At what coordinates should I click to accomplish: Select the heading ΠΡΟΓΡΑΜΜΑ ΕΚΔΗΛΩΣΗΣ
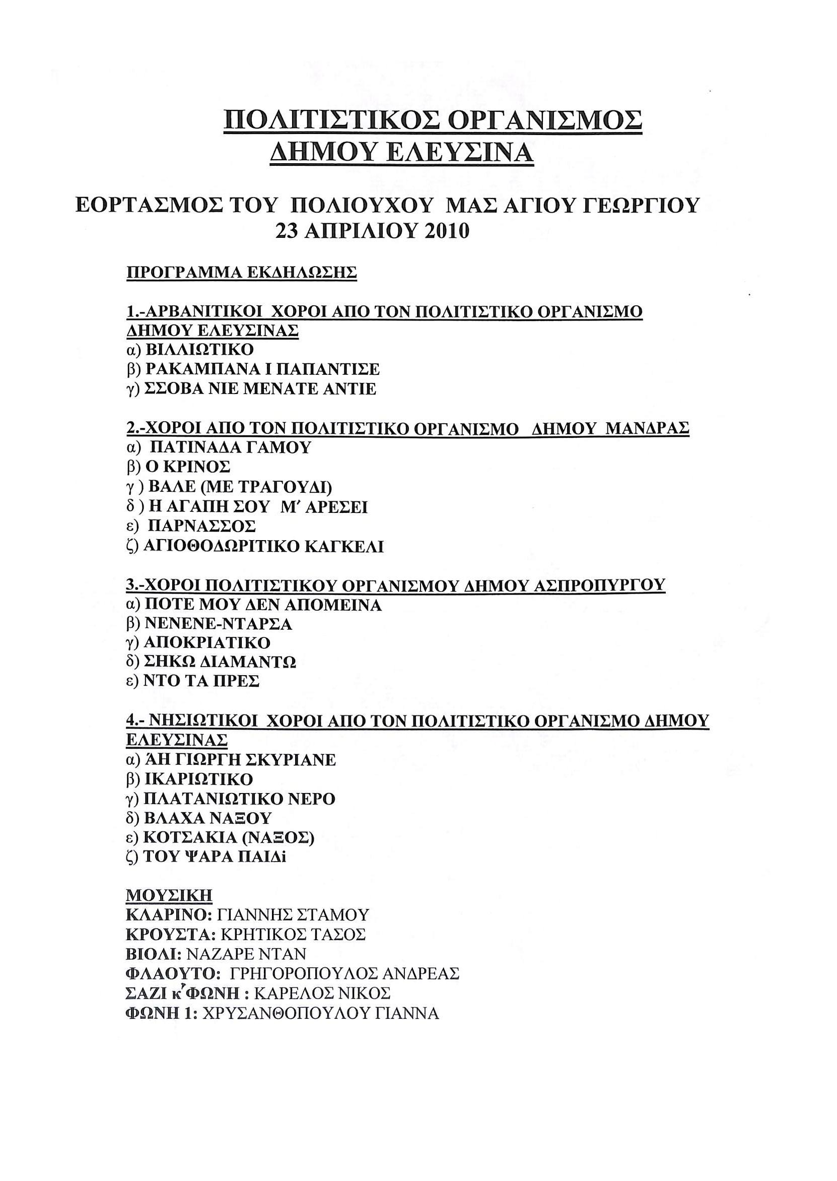point(241,272)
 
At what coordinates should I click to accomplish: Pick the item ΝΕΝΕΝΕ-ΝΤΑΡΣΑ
point(218,624)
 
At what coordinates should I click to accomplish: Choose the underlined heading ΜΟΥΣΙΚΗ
point(169,895)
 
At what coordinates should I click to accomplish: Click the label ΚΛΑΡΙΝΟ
point(167,915)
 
